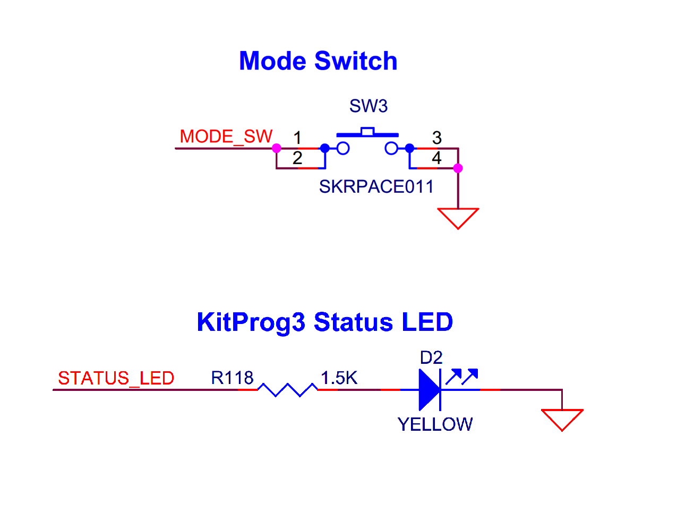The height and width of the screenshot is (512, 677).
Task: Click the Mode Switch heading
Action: tap(318, 61)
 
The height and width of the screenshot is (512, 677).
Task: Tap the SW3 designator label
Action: tap(368, 106)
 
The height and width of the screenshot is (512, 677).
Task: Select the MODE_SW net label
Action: tap(226, 136)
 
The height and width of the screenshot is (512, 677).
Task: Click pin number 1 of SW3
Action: tap(297, 138)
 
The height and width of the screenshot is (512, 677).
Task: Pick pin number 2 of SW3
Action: tap(297, 158)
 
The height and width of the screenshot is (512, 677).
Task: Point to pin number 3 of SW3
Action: tap(436, 138)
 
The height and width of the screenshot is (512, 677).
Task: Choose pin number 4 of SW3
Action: tap(436, 158)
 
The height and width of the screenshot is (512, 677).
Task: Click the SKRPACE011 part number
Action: tap(376, 187)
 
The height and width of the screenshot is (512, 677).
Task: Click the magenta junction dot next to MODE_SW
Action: tap(277, 148)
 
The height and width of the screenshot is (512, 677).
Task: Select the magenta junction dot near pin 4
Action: tap(458, 168)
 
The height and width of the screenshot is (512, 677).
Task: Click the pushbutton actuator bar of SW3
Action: tap(367, 133)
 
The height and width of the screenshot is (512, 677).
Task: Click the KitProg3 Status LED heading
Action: tap(324, 322)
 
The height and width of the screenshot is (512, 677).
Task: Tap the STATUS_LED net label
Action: tap(116, 378)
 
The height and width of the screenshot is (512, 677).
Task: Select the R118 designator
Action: tap(232, 378)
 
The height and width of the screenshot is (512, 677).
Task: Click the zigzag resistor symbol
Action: tap(287, 390)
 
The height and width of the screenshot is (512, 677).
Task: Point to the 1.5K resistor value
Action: tap(339, 378)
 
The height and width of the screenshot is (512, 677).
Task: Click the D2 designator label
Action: tap(431, 358)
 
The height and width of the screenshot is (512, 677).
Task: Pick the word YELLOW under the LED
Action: tap(435, 424)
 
